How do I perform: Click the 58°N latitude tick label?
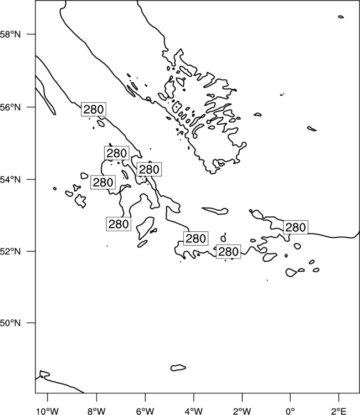pos(10,34)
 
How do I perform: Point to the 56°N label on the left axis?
pos(10,107)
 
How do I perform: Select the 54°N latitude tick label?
pos(10,179)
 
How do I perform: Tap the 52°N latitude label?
pos(10,251)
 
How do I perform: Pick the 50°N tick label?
pos(10,323)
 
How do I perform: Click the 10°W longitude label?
pos(48,411)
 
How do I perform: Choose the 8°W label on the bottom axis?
pos(96,411)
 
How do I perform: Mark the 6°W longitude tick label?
pos(145,411)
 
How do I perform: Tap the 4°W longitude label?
pos(194,411)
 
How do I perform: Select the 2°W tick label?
pos(242,411)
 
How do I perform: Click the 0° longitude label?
pos(290,411)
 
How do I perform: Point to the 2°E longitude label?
pos(338,411)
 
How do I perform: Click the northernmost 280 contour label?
pos(94,109)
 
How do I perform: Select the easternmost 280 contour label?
pos(296,227)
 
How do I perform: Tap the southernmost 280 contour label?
pos(229,251)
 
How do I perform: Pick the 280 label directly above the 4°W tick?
pos(196,238)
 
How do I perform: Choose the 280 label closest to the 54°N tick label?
pos(103,182)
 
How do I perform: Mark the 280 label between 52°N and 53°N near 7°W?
pos(119,224)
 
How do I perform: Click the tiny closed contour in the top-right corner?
pos(341,17)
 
